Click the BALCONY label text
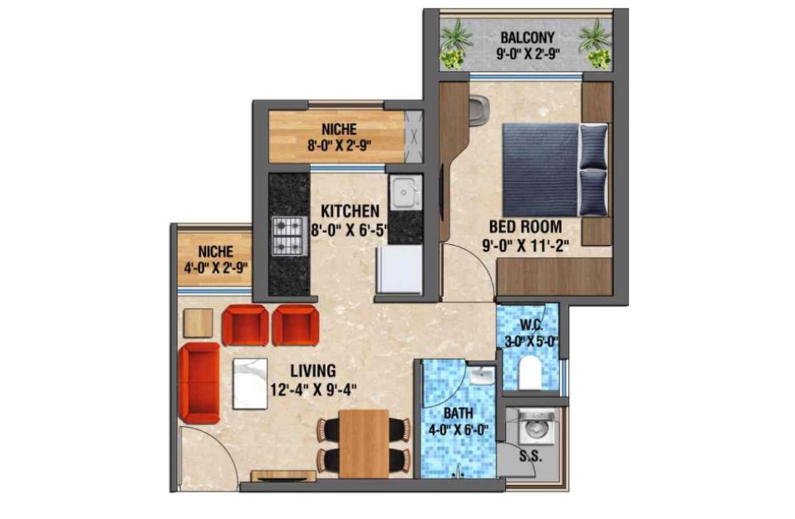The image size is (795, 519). pyautogui.click(x=528, y=37)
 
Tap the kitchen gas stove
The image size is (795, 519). pyautogui.click(x=289, y=235)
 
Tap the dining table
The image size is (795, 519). pyautogui.click(x=364, y=443)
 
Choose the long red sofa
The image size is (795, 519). pyautogui.click(x=199, y=383)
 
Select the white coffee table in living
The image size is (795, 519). pyautogui.click(x=250, y=383)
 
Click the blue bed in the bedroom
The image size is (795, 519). pyautogui.click(x=555, y=169)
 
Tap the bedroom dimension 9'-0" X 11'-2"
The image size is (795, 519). pyautogui.click(x=525, y=246)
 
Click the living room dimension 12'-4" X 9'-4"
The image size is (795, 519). pyautogui.click(x=313, y=389)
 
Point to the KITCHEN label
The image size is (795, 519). pyautogui.click(x=350, y=210)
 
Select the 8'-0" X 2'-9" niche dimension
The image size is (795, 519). pyautogui.click(x=339, y=146)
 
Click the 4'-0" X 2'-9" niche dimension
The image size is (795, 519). pyautogui.click(x=215, y=268)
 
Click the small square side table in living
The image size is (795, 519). pyautogui.click(x=199, y=323)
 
